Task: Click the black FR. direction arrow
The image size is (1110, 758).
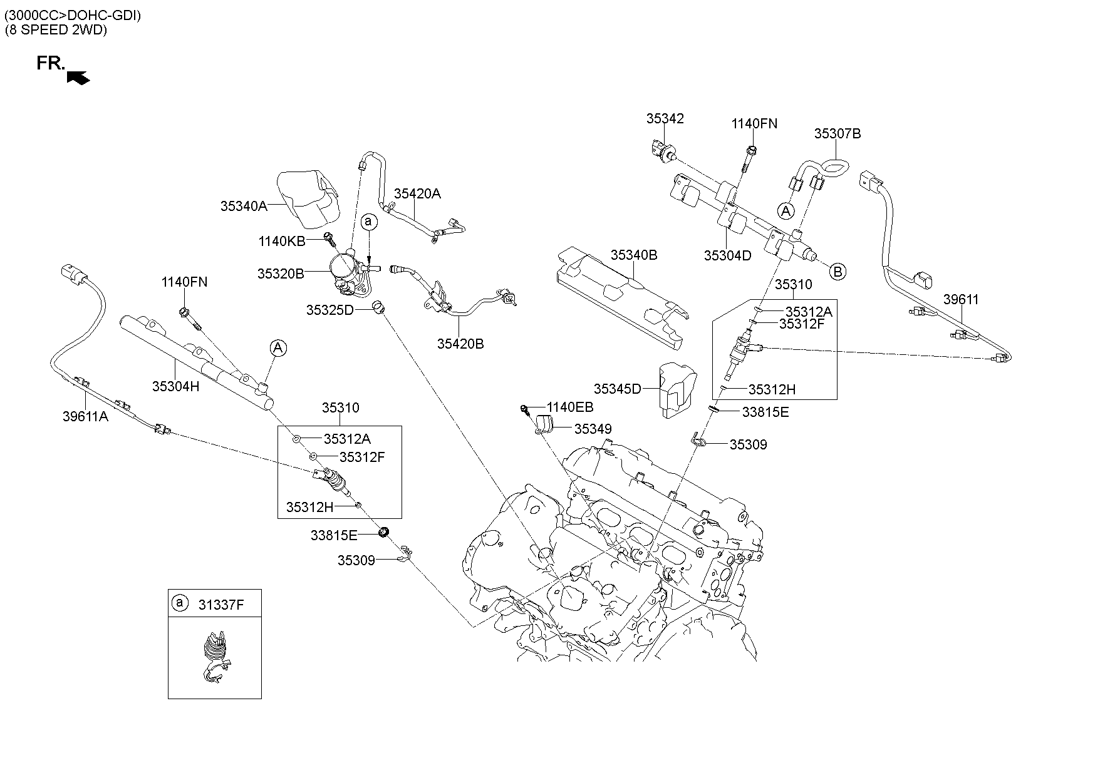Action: pyautogui.click(x=78, y=77)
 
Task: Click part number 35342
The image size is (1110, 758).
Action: pyautogui.click(x=665, y=118)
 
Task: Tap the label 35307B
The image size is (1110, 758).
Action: pyautogui.click(x=838, y=133)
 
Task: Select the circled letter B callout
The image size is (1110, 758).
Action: pyautogui.click(x=838, y=272)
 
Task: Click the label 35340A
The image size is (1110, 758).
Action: pyautogui.click(x=244, y=206)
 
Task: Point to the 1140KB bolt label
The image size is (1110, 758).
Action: pyautogui.click(x=282, y=241)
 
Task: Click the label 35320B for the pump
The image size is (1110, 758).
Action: pyautogui.click(x=281, y=274)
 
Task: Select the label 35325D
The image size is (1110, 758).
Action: pyautogui.click(x=330, y=310)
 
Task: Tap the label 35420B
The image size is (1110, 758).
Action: pyautogui.click(x=460, y=344)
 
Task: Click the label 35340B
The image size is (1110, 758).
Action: pyautogui.click(x=634, y=255)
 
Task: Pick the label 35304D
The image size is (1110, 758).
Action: pyautogui.click(x=727, y=255)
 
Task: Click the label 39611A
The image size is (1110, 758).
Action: pyautogui.click(x=85, y=416)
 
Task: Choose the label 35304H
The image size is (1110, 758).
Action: pyautogui.click(x=175, y=387)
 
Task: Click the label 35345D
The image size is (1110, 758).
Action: pyautogui.click(x=618, y=389)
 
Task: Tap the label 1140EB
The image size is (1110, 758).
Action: pyautogui.click(x=570, y=407)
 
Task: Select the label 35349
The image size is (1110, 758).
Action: pyautogui.click(x=593, y=429)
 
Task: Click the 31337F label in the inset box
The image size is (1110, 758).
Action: pyautogui.click(x=221, y=605)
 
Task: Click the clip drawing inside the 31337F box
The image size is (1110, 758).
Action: pyautogui.click(x=215, y=654)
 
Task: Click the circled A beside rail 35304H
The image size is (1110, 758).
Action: pyautogui.click(x=278, y=348)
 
